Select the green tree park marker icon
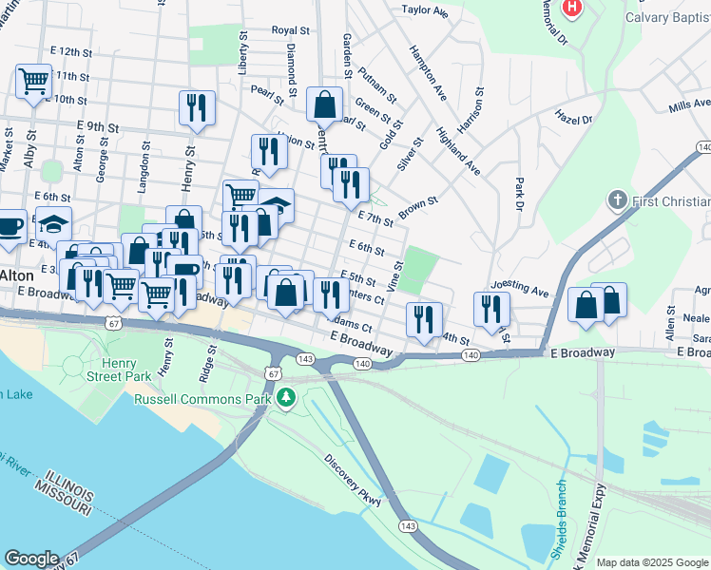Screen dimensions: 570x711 click(x=284, y=398)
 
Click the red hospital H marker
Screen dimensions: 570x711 click(x=572, y=8)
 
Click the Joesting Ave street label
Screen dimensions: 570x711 click(x=520, y=286)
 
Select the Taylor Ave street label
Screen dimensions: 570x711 click(x=425, y=10)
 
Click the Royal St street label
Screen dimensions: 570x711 click(x=285, y=30)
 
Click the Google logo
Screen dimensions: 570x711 click(x=31, y=559)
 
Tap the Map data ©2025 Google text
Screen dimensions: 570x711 click(x=652, y=562)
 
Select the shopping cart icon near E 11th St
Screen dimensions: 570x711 click(x=34, y=82)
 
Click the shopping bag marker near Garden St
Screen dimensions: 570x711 click(x=324, y=104)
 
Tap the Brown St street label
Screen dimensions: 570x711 click(x=418, y=205)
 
